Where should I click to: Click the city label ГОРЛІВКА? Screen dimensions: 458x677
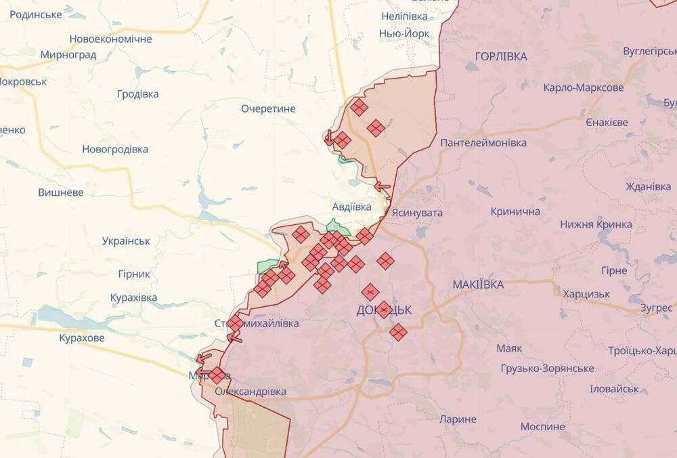click(501, 57)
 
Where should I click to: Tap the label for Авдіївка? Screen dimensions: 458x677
click(351, 206)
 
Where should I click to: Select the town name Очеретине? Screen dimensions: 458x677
click(268, 108)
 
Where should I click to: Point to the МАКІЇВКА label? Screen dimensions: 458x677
click(478, 285)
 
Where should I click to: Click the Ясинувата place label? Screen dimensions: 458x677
click(417, 213)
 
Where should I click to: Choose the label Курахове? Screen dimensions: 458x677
click(82, 337)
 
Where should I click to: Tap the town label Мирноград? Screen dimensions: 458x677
click(68, 55)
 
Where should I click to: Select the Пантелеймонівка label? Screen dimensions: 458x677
click(483, 143)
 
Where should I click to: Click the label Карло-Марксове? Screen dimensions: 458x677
click(583, 88)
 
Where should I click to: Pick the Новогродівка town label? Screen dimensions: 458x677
click(115, 149)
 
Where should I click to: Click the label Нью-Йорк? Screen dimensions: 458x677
click(404, 33)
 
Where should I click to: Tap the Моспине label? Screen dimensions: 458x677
click(542, 427)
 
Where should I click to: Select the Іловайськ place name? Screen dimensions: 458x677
click(614, 389)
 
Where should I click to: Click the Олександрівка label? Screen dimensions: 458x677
click(250, 392)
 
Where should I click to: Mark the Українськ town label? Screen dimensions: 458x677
click(126, 241)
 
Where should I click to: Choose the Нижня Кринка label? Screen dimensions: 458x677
click(596, 224)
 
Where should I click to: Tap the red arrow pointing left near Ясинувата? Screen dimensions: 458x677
click(382, 186)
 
